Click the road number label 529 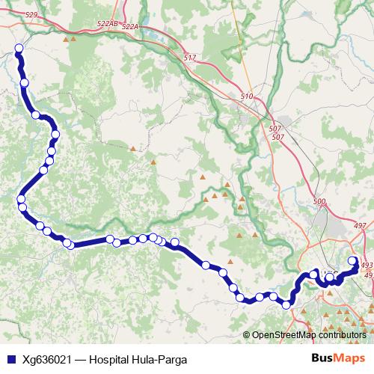[x=31, y=15]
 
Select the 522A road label [x=130, y=27]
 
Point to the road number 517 [x=189, y=58]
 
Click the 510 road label [x=248, y=96]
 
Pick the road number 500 [x=320, y=202]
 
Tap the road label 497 [x=361, y=225]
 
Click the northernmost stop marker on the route [x=19, y=49]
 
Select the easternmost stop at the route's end [x=353, y=261]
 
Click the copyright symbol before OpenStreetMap [x=248, y=335]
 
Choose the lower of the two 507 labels [x=278, y=137]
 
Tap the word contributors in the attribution [x=343, y=335]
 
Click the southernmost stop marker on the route [x=286, y=304]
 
